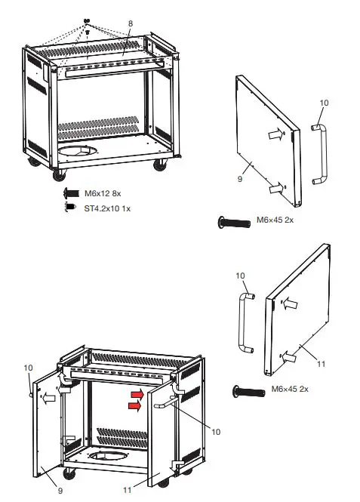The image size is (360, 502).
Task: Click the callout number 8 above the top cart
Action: (130, 24)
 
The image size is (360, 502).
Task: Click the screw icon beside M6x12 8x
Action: (72, 194)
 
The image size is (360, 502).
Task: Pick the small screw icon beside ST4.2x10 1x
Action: (70, 206)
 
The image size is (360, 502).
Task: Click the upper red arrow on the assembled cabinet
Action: (136, 393)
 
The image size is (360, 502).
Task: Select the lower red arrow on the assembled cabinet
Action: (136, 405)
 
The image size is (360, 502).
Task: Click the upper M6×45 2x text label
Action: (277, 220)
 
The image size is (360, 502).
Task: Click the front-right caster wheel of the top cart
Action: (159, 165)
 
